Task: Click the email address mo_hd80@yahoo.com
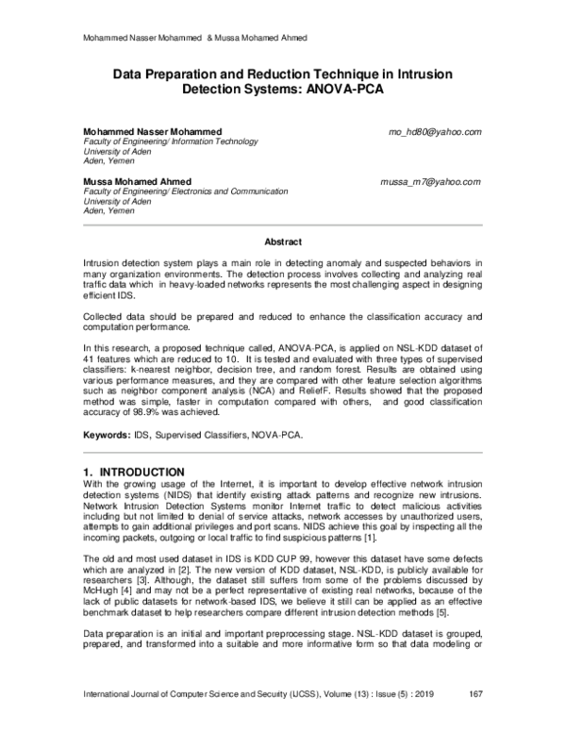pos(435,131)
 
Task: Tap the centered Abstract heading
pos(282,241)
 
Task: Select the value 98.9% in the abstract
pos(152,411)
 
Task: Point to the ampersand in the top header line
pos(211,38)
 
